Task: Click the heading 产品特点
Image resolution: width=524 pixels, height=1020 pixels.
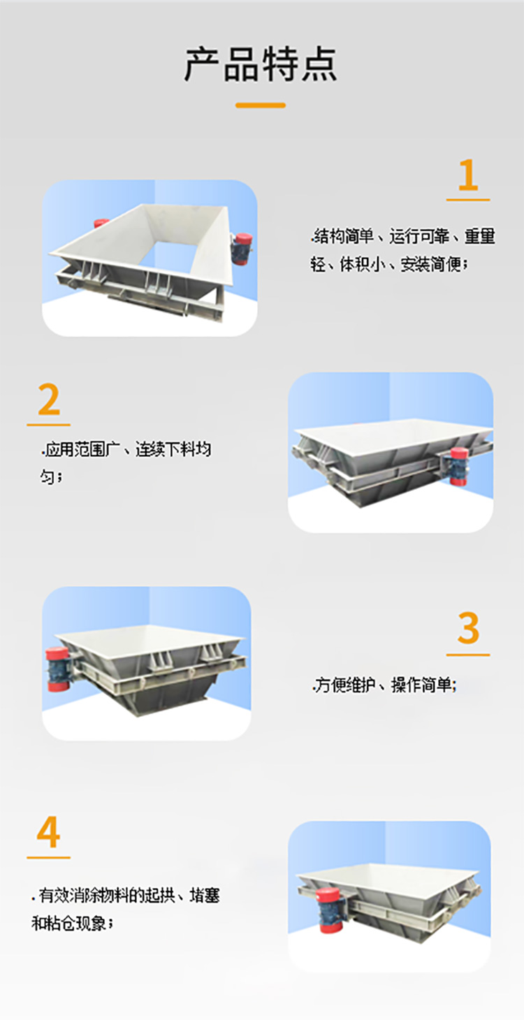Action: click(x=261, y=65)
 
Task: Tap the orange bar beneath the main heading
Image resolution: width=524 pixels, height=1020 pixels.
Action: click(x=261, y=105)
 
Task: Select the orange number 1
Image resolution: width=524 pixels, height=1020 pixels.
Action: click(x=467, y=175)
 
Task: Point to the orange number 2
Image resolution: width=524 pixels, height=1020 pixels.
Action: click(x=49, y=400)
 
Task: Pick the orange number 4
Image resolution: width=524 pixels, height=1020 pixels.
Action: click(x=49, y=833)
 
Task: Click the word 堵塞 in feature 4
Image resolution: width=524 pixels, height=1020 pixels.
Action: click(x=204, y=895)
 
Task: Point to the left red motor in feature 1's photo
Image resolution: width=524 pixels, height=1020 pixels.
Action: click(x=101, y=224)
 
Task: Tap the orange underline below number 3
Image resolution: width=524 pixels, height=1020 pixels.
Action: click(x=468, y=655)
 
